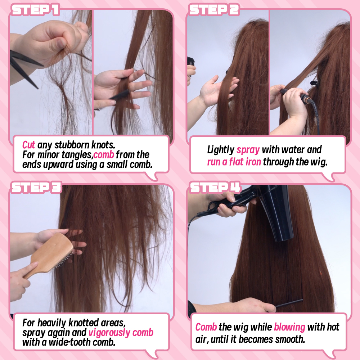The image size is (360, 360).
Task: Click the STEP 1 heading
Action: (35, 10)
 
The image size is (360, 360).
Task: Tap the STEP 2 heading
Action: (214, 10)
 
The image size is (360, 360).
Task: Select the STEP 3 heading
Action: (36, 187)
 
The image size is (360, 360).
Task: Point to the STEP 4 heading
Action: (215, 187)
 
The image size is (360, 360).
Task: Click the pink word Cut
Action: (28, 145)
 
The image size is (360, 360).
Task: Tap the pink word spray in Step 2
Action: (248, 150)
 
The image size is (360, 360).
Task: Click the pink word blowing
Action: (289, 327)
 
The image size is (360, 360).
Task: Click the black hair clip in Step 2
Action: (314, 82)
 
